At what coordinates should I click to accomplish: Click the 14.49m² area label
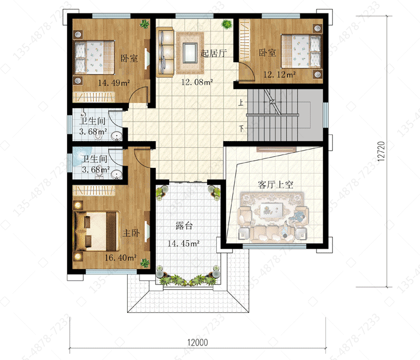coord(114,83)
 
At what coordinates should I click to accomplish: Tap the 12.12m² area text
coord(279,74)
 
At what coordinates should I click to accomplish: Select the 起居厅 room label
coord(213,53)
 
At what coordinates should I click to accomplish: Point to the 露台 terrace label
coord(184,226)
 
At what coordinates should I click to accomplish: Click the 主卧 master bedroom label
coord(131,233)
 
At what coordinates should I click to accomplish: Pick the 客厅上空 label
coord(276,185)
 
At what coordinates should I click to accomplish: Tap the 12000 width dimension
coord(198,342)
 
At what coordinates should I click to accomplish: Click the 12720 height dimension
coord(381,151)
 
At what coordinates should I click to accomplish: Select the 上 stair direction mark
coord(241,102)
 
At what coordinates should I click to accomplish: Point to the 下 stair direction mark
coord(241,129)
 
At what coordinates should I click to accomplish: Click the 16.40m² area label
coord(120,258)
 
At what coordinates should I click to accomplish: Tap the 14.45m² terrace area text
coord(184,244)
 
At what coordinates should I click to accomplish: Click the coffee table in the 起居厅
coord(190,53)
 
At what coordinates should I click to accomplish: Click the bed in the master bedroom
coord(96,231)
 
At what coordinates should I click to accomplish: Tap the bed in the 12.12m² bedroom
coord(301,51)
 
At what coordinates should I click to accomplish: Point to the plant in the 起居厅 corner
coord(227,25)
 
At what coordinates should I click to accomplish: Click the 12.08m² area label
coord(197,82)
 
